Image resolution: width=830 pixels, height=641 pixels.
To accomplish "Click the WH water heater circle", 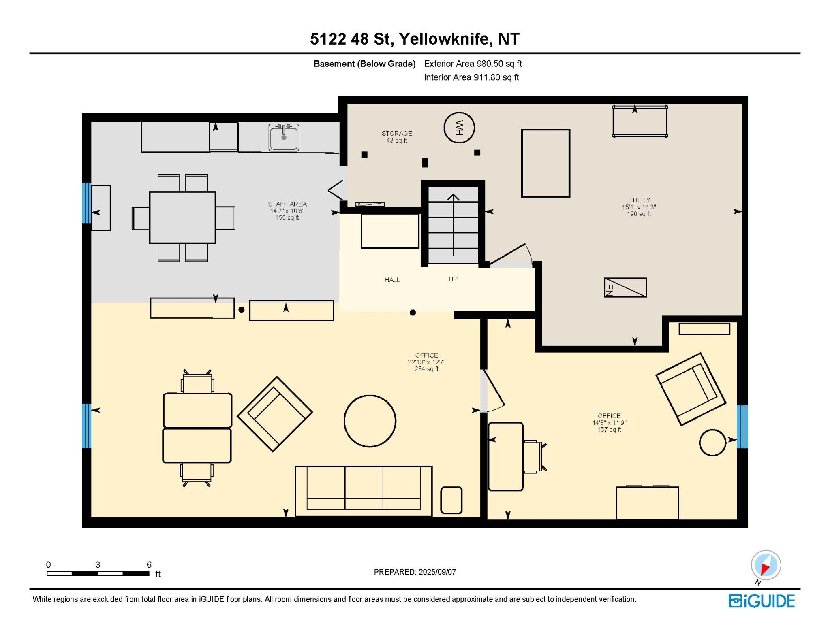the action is point(459,128).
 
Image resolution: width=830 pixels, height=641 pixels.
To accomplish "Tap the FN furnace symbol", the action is point(625,287).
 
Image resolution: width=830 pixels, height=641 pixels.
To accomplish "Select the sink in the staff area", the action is point(284,137).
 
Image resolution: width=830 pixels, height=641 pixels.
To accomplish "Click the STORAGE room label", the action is point(397,133).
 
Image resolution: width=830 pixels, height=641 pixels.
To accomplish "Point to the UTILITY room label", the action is point(639,200).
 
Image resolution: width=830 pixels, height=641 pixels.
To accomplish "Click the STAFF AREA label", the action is point(287,204).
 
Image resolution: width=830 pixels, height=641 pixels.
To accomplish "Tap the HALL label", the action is point(392,280).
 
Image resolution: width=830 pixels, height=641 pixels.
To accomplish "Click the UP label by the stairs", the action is point(453,279).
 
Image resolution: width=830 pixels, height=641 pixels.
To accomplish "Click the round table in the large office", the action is point(370,421).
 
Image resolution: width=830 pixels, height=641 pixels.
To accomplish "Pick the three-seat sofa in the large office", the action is point(364,491).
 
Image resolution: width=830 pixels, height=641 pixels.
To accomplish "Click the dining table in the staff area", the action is point(182,217).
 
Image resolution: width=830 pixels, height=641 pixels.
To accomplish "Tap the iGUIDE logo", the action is point(762,601).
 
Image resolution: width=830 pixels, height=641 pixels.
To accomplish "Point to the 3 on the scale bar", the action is point(98,564).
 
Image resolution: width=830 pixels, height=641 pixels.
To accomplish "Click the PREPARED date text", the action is point(415,572).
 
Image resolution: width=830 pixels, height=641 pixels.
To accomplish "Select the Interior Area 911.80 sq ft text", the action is point(471,77).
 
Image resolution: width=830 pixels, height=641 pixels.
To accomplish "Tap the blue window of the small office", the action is point(742,426).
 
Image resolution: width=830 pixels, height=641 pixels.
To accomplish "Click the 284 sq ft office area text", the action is point(426,369).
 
